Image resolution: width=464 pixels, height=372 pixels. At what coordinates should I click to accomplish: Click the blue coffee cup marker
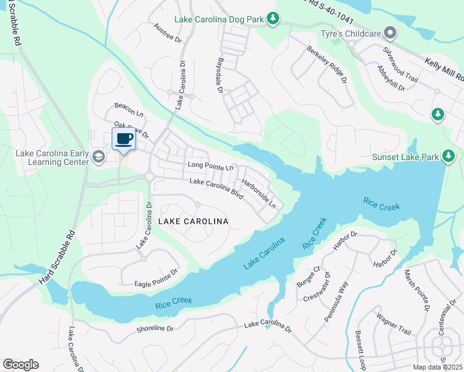123,139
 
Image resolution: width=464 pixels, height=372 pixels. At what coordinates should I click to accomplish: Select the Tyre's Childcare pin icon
390,32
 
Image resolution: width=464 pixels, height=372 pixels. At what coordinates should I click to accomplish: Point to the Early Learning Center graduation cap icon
97,157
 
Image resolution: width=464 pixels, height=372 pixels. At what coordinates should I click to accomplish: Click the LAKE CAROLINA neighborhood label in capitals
193,221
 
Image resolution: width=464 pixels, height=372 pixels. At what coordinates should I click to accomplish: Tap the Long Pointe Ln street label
210,167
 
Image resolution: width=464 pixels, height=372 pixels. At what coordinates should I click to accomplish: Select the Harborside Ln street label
259,194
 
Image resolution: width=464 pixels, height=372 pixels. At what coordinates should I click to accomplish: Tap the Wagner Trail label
393,322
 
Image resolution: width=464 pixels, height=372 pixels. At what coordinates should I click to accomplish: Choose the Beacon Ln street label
128,110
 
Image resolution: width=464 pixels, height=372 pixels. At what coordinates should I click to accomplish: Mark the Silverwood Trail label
401,63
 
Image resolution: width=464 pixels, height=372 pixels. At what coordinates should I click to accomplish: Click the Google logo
20,365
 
